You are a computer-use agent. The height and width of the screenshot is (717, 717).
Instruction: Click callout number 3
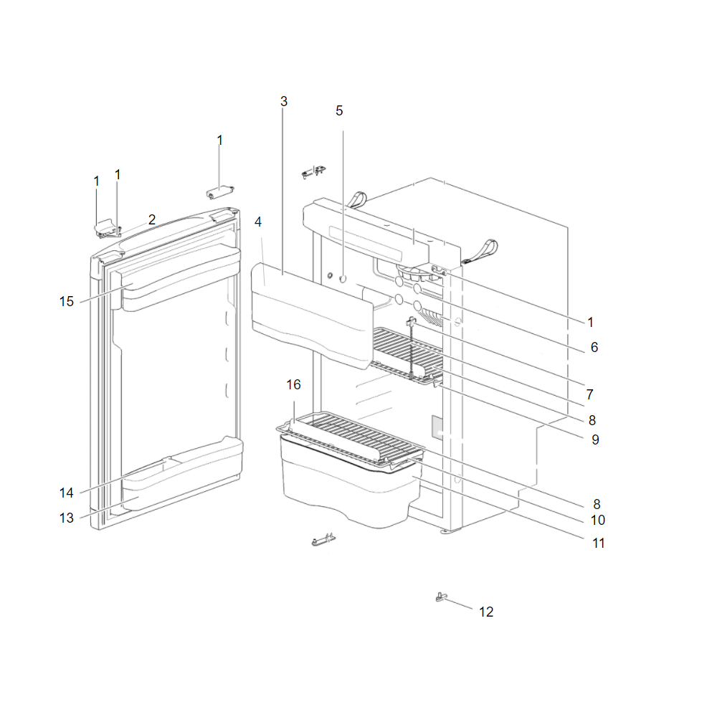point(283,102)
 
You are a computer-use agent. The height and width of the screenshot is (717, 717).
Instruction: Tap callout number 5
point(339,110)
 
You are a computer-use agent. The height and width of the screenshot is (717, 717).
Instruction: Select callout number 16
point(293,384)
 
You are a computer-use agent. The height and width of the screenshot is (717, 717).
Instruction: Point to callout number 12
point(486,612)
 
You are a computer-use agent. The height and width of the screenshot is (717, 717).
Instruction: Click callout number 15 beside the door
point(66,301)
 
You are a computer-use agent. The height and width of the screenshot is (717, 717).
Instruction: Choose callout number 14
point(66,493)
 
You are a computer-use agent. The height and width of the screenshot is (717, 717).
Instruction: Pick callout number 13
point(66,518)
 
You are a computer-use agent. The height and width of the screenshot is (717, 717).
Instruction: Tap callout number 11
point(599,543)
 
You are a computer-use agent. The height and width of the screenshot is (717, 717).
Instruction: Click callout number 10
point(598,520)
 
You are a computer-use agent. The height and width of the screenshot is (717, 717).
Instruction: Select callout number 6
point(594,348)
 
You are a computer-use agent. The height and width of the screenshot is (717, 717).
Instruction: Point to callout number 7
point(590,394)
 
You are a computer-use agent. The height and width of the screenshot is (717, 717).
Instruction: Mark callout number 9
point(595,440)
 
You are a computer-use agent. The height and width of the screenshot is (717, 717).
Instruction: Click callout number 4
point(258,222)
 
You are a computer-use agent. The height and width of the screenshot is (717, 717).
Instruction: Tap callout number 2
point(152,219)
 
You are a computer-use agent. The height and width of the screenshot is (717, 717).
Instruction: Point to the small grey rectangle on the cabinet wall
point(437,427)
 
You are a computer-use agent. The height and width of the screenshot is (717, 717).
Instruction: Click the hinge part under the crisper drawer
point(323,540)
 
